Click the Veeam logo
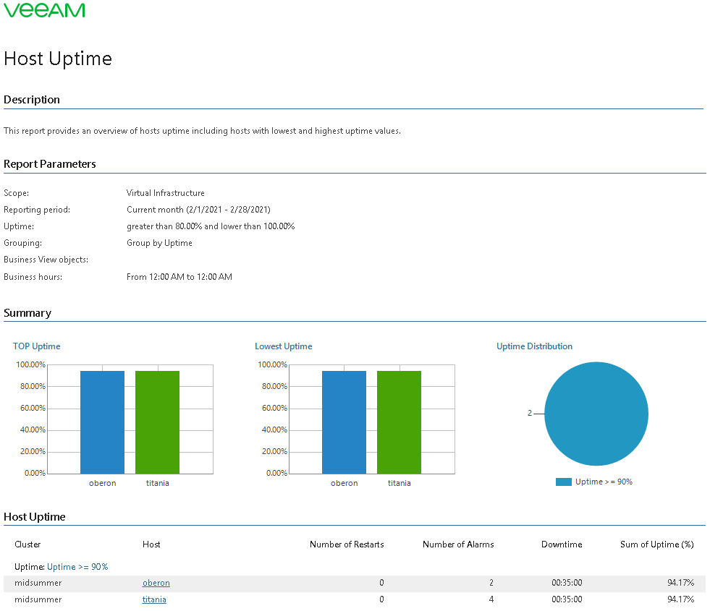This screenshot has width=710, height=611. click(x=44, y=10)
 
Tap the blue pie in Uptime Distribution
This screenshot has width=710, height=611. click(x=596, y=414)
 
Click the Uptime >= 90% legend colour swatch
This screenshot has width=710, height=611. click(x=563, y=482)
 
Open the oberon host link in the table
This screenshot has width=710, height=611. click(x=156, y=583)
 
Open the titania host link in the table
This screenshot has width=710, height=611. click(x=154, y=599)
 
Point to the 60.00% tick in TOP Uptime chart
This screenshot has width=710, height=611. click(x=30, y=408)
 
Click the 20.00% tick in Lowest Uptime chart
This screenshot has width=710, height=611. click(x=272, y=451)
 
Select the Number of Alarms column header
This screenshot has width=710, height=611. click(x=458, y=544)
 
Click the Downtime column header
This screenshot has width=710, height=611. click(x=561, y=544)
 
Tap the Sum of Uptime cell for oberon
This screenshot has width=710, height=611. click(x=680, y=583)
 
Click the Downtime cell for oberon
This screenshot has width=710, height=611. click(x=567, y=583)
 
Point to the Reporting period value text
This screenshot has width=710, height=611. click(x=198, y=210)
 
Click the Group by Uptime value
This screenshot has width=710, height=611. click(x=159, y=243)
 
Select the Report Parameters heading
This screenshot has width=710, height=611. click(x=50, y=164)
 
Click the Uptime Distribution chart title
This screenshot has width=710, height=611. click(x=534, y=346)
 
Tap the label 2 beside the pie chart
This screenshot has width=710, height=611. click(x=530, y=414)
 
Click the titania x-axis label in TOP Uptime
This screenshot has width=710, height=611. click(x=157, y=483)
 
